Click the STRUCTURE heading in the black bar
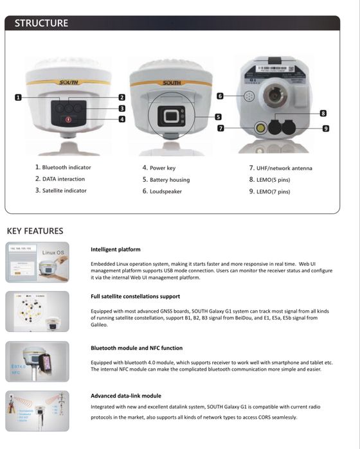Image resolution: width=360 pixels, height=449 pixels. pos(41,23)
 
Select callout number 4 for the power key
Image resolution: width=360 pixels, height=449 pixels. pos(122,119)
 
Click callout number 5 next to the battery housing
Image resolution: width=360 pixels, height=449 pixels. pos(218,117)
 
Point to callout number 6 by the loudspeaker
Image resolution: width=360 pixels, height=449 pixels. pos(220,96)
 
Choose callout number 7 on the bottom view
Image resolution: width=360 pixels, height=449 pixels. pos(220,128)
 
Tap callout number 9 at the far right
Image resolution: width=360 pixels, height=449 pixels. pos(326,128)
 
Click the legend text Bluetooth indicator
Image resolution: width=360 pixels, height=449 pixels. pos(63,168)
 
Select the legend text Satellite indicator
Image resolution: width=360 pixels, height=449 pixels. pos(60,191)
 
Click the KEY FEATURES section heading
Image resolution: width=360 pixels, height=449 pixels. pos(35,231)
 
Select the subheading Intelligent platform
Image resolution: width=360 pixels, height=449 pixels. pos(115,249)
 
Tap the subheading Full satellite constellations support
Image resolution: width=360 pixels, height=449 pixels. pos(135,297)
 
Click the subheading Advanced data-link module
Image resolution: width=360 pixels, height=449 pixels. pos(125,396)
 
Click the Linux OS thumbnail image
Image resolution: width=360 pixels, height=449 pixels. pos(37,262)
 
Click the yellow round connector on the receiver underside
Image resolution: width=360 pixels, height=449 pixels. pos(260,128)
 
